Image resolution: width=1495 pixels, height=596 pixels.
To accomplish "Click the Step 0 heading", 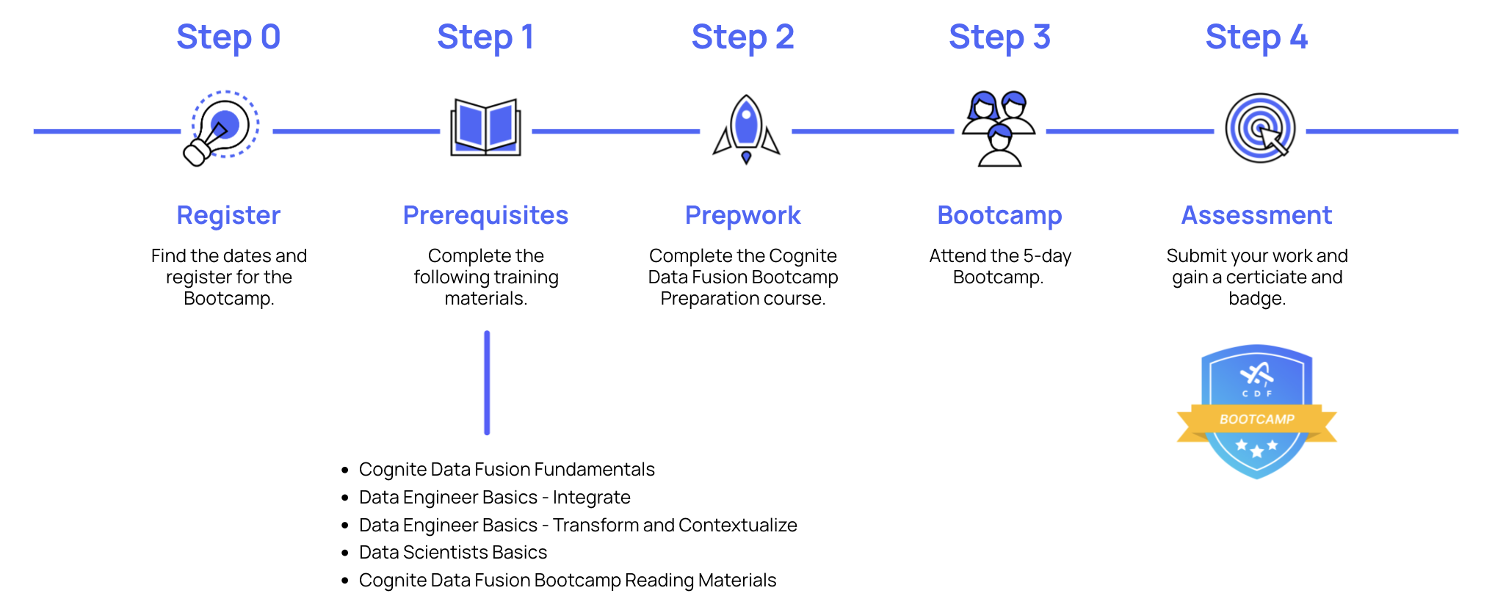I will point(228,37).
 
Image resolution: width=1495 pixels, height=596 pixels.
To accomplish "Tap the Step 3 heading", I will point(999,37).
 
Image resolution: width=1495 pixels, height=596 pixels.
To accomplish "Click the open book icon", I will point(485,128).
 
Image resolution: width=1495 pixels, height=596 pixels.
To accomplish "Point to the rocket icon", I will point(746,128).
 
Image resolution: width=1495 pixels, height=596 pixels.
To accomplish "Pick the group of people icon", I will point(999,128).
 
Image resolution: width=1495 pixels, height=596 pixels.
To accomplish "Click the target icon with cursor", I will point(1260,128).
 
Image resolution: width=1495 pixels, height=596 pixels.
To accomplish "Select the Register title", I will point(228,215).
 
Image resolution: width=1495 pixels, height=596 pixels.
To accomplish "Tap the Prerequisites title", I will point(485,215).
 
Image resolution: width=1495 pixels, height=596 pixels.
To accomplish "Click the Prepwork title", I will point(742,215).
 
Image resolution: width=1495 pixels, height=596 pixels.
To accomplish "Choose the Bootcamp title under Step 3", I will point(999,215).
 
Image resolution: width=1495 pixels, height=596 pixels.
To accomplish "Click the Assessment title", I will point(1256,215).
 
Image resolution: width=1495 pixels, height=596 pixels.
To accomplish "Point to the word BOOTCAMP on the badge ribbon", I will point(1256,419).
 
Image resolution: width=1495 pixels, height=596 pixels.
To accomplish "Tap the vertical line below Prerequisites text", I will point(487,382).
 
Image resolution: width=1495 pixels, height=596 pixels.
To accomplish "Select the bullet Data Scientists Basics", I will point(453,552).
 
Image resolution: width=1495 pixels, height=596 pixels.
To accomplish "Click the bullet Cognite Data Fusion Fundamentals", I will point(507,469).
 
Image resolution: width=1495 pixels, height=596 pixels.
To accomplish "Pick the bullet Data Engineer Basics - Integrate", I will point(494,497).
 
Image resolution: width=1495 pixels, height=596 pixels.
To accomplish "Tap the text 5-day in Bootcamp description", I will point(1047,255).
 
